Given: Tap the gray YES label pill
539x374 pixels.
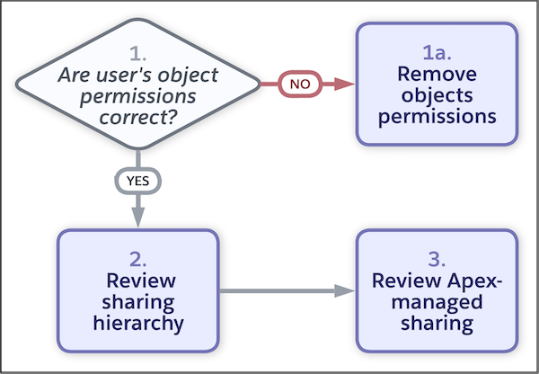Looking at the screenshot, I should click(x=137, y=180).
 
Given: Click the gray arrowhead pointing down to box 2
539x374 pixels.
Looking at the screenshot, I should click(x=137, y=218).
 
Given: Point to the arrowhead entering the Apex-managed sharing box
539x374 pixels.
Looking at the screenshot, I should click(x=345, y=290).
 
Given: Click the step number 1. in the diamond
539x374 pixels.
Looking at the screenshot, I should click(x=137, y=51).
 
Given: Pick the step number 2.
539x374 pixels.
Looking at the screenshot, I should click(x=137, y=259).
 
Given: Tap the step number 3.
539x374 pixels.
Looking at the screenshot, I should click(x=437, y=259).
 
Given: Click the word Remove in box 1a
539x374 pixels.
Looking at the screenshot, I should click(x=437, y=74).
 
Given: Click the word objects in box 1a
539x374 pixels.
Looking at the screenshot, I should click(x=437, y=94).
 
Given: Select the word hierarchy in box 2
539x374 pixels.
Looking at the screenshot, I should click(x=137, y=321).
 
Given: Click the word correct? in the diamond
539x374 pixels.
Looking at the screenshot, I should click(x=137, y=117).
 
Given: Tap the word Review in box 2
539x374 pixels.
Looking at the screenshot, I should click(x=137, y=280).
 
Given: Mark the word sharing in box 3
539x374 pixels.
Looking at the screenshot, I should click(x=437, y=321).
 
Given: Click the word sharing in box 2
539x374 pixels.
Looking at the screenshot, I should click(x=137, y=300).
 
